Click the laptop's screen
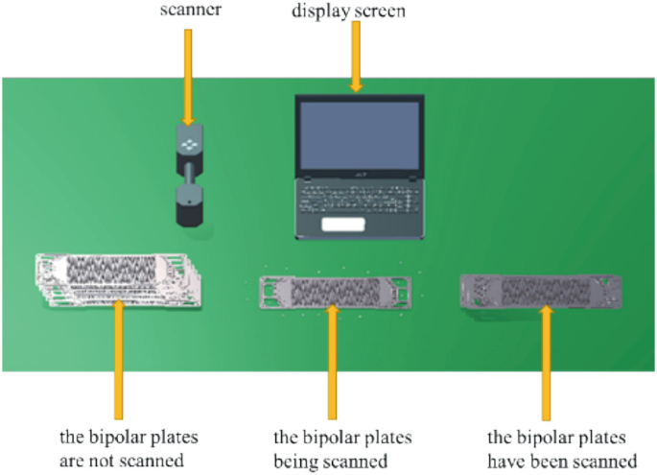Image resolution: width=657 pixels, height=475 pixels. click(360, 134)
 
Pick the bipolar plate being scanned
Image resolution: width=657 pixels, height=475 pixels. click(335, 289)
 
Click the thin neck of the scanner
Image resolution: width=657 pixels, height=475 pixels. click(190, 178)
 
